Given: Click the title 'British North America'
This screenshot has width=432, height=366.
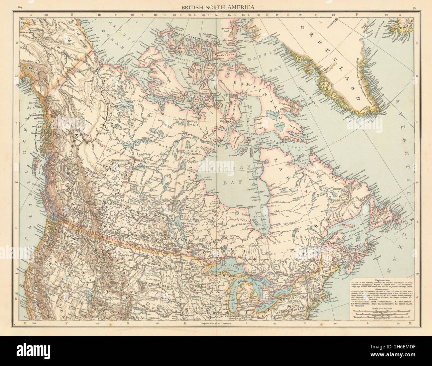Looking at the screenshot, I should pyautogui.click(x=216, y=7).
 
